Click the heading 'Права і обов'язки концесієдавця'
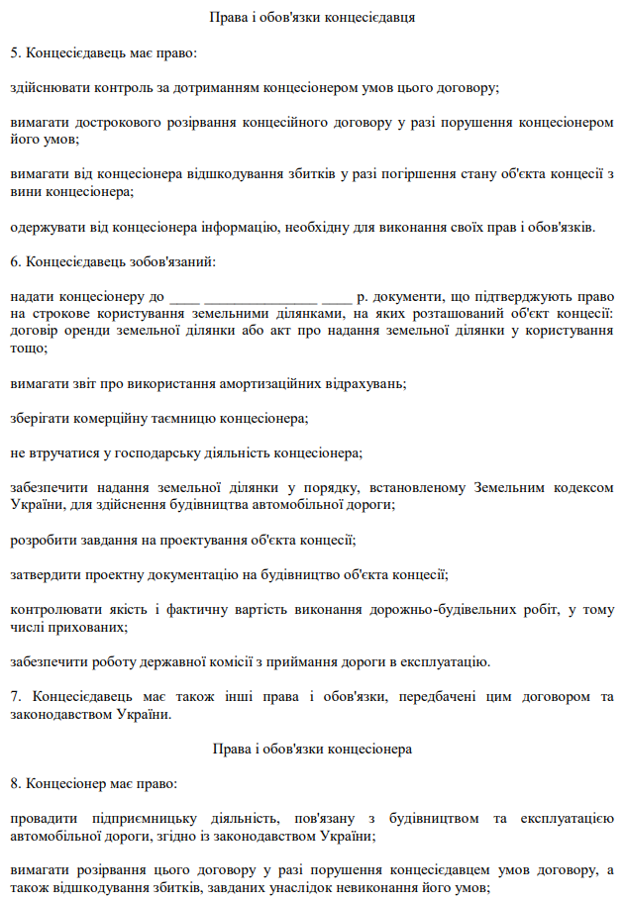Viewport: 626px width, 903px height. tap(312, 18)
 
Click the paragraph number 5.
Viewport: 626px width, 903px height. tap(15, 51)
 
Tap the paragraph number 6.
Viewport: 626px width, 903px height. tap(15, 261)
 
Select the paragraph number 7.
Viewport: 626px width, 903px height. tap(15, 696)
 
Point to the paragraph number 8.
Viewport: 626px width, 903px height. tap(15, 782)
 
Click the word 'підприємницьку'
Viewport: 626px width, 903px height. tap(130, 818)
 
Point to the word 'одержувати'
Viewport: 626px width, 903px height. tap(46, 227)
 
